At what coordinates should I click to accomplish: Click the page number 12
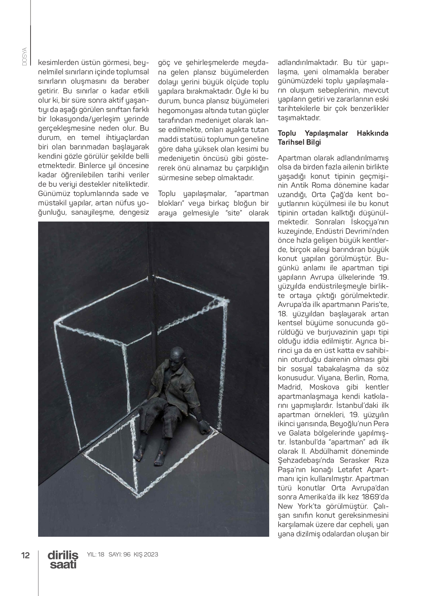(25, 555)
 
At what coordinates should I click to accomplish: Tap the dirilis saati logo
(63, 560)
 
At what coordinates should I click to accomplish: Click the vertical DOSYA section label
(24, 56)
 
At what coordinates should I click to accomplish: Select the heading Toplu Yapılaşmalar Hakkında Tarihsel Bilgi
(333, 138)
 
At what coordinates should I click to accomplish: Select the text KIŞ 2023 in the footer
(146, 555)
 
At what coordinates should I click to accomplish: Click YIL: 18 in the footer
(96, 555)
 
